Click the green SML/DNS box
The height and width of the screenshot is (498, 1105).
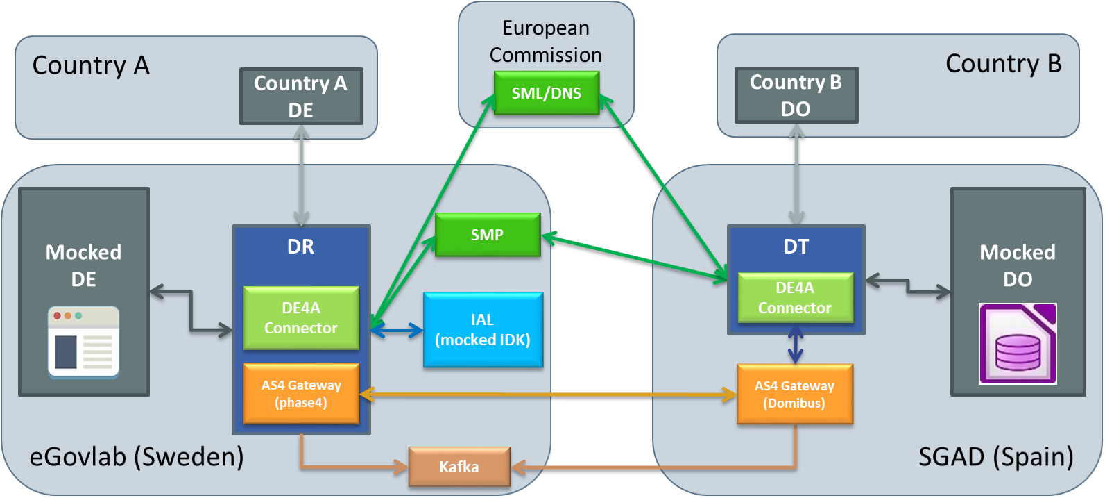click(546, 93)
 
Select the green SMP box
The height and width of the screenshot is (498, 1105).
click(487, 235)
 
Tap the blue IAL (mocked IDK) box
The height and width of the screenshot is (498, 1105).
click(483, 330)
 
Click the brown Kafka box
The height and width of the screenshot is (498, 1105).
click(459, 467)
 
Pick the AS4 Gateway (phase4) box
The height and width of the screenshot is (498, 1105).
click(300, 394)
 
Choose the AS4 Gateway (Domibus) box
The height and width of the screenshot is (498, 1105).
click(794, 395)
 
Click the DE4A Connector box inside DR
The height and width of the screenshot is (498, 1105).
click(300, 318)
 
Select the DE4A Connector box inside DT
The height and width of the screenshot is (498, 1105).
click(794, 298)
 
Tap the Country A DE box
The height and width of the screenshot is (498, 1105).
click(300, 97)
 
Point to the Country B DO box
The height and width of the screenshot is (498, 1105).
click(796, 95)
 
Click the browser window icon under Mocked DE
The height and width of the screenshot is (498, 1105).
click(83, 342)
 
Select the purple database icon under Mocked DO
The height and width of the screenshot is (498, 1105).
click(1018, 344)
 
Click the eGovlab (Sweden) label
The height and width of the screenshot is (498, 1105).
click(137, 457)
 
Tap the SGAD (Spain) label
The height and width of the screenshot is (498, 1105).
click(995, 457)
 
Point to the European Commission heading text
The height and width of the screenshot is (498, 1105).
click(546, 41)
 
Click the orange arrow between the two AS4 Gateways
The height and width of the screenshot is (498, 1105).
click(548, 395)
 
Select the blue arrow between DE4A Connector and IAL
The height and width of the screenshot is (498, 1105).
click(397, 331)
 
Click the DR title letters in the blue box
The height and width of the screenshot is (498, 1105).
click(300, 247)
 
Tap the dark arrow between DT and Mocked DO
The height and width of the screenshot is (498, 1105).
click(908, 286)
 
